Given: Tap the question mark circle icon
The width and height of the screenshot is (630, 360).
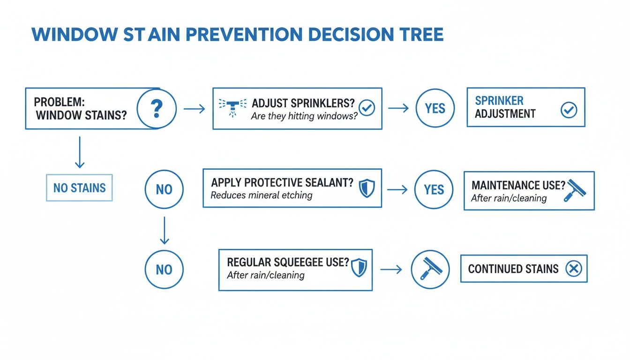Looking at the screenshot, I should point(157,109).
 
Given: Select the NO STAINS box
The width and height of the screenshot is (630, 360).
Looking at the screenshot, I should point(79,188).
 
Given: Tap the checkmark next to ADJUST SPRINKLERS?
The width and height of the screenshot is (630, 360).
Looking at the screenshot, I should point(367,108).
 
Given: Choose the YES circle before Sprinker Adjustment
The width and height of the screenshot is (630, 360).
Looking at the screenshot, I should point(435,108).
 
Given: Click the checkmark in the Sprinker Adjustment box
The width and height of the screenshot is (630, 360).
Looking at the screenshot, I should point(569,110).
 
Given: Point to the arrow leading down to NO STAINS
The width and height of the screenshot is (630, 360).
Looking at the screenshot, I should point(80,152).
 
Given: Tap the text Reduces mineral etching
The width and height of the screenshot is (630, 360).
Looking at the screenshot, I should point(261,195).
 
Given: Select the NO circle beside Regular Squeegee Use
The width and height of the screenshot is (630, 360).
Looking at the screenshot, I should point(164,270).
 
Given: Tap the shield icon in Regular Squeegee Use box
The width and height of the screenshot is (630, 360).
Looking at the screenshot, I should point(359,268).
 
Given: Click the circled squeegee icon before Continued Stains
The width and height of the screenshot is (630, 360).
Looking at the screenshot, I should point(430,270).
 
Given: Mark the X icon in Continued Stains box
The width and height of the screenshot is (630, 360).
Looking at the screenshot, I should point(573,269).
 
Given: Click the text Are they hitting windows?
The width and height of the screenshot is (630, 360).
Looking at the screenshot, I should point(304,116).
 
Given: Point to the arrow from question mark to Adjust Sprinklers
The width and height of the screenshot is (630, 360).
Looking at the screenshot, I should point(194,109).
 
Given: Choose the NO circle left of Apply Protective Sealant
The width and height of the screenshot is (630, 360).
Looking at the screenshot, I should point(164,189).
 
